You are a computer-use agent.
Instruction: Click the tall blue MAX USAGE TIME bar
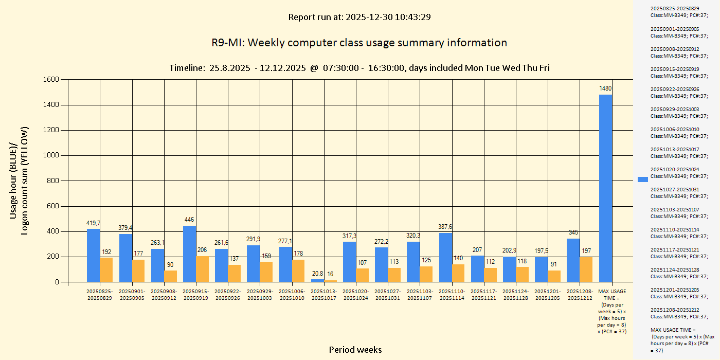[x=605, y=188]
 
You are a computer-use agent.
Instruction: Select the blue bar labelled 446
[x=189, y=254]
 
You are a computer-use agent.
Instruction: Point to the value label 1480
[x=605, y=88]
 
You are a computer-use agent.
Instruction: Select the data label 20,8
[x=317, y=273]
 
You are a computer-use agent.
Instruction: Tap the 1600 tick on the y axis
[x=51, y=80]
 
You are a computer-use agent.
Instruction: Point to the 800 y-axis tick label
[x=53, y=181]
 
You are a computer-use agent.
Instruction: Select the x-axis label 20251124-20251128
[x=515, y=295]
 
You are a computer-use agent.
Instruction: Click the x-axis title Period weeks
[x=355, y=350]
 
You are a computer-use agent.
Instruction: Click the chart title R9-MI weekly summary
[x=359, y=43]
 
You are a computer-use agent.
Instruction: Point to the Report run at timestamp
[x=359, y=17]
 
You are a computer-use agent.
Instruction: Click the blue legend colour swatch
[x=642, y=179]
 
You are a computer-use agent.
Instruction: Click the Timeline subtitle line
[x=359, y=68]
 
